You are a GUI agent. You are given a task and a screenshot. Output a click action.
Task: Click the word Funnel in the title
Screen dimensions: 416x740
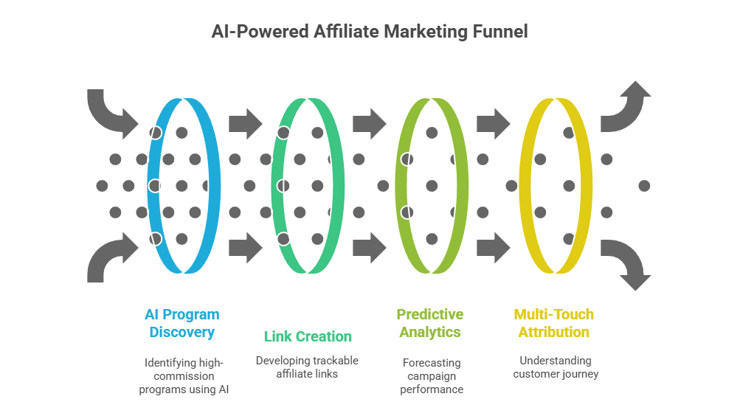499,32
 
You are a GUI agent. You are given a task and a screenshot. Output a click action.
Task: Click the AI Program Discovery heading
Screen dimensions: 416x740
181,323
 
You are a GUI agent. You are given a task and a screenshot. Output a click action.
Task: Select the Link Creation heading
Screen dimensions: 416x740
308,336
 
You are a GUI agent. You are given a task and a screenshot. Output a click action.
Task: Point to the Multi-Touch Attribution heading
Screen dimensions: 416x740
554,323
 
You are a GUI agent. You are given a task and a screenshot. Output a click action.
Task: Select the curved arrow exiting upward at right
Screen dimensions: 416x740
626,108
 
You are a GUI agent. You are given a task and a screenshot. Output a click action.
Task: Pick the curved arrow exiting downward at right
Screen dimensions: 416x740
626,262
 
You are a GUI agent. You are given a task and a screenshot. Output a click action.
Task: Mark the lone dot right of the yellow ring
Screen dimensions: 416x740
644,186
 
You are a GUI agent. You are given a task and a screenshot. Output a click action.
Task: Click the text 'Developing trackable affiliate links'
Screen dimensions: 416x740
307,367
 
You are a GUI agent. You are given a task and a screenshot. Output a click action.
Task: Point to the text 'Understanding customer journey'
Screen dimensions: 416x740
555,367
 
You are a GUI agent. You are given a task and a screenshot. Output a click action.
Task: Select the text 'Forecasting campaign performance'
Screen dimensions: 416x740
432,375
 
